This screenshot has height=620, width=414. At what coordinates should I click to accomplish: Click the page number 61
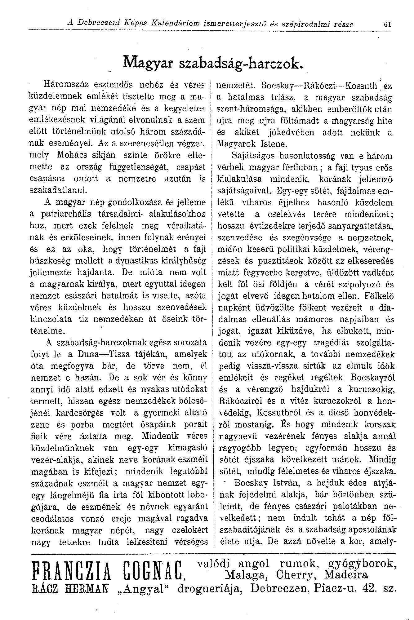(x=387, y=24)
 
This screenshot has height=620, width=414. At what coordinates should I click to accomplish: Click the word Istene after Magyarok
(x=273, y=144)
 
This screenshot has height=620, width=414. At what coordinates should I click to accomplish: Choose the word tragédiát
(x=332, y=343)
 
